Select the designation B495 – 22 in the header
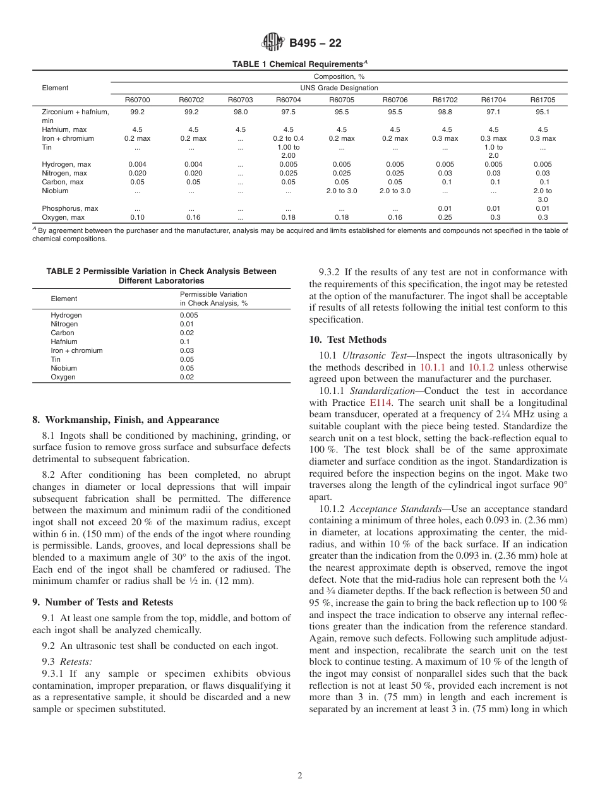(x=315, y=44)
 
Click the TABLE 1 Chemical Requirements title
(x=300, y=64)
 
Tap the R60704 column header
(x=288, y=100)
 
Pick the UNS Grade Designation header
(x=339, y=88)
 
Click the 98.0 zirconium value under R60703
(x=241, y=112)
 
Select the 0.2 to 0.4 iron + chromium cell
(x=288, y=138)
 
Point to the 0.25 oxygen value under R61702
(x=445, y=217)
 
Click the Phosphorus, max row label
(x=69, y=208)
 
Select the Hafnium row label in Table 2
(x=63, y=342)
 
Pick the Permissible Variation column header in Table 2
(x=213, y=299)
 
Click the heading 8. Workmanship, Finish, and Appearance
(x=126, y=420)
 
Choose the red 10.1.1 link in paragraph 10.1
(x=433, y=367)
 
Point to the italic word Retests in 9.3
(x=76, y=662)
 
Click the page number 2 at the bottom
(x=300, y=776)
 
